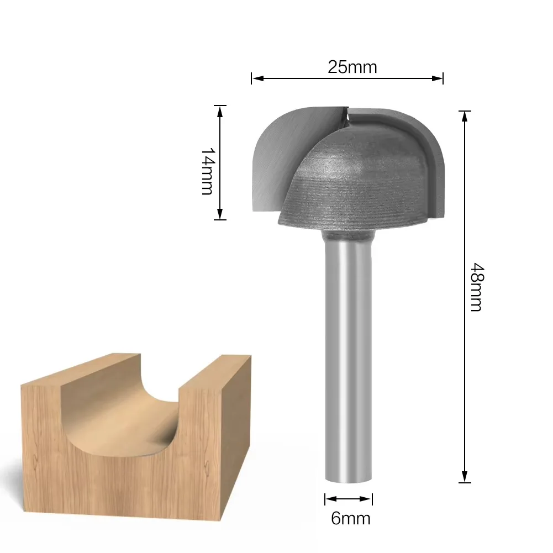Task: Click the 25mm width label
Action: coord(352,67)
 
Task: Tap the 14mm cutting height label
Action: coord(207,171)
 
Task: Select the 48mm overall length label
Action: coord(476,286)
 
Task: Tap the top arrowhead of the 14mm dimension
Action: coord(220,110)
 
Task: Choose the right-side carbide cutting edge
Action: coord(436,166)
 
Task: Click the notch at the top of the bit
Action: coord(347,113)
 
